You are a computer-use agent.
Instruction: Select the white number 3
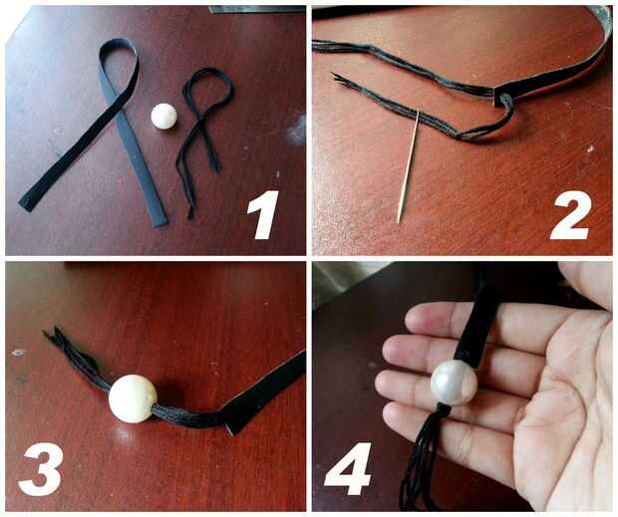41,470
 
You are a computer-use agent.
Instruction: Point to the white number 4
349,469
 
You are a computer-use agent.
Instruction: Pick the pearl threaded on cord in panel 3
133,398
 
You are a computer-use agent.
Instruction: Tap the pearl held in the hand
454,383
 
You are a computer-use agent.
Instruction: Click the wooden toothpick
409,165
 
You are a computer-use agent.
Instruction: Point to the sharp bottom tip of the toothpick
399,222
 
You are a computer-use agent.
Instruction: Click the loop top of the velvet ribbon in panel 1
119,45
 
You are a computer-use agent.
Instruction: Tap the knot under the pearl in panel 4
444,410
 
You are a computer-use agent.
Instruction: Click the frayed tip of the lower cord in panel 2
337,77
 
